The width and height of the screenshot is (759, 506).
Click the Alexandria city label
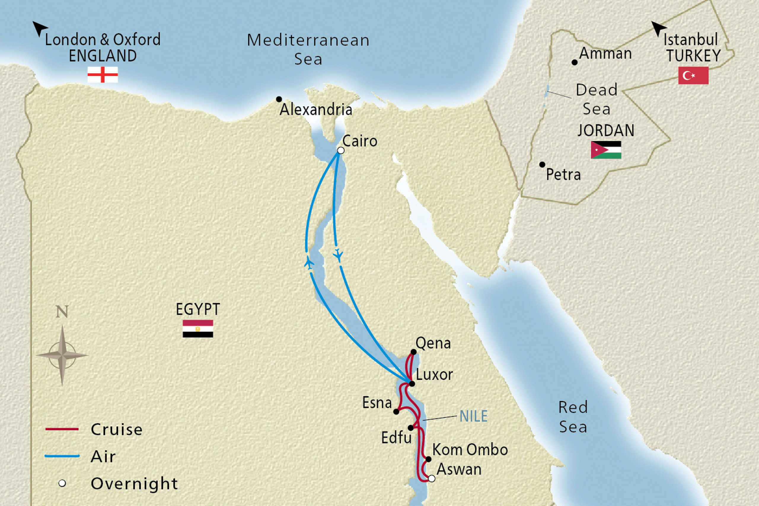(x=315, y=110)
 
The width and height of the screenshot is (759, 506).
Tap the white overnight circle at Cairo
(x=340, y=150)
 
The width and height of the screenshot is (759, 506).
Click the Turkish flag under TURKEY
(x=693, y=76)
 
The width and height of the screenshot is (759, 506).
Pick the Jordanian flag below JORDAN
(x=606, y=150)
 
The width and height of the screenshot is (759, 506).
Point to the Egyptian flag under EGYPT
(x=197, y=328)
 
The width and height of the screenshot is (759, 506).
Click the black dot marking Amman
(x=574, y=62)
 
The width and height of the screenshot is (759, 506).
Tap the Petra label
(x=563, y=175)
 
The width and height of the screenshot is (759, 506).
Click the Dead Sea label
(x=596, y=99)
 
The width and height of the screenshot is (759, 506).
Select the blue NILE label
(x=473, y=416)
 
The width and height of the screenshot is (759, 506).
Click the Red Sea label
(x=573, y=417)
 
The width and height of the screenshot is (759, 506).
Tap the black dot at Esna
(x=396, y=412)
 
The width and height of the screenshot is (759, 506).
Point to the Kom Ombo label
(x=470, y=449)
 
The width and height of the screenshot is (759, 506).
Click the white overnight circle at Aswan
(x=431, y=478)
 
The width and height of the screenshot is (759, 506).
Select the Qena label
(x=433, y=343)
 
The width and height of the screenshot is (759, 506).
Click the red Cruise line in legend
(x=62, y=429)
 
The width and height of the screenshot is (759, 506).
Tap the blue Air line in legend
(x=62, y=456)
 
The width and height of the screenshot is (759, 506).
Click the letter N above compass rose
(x=62, y=312)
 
